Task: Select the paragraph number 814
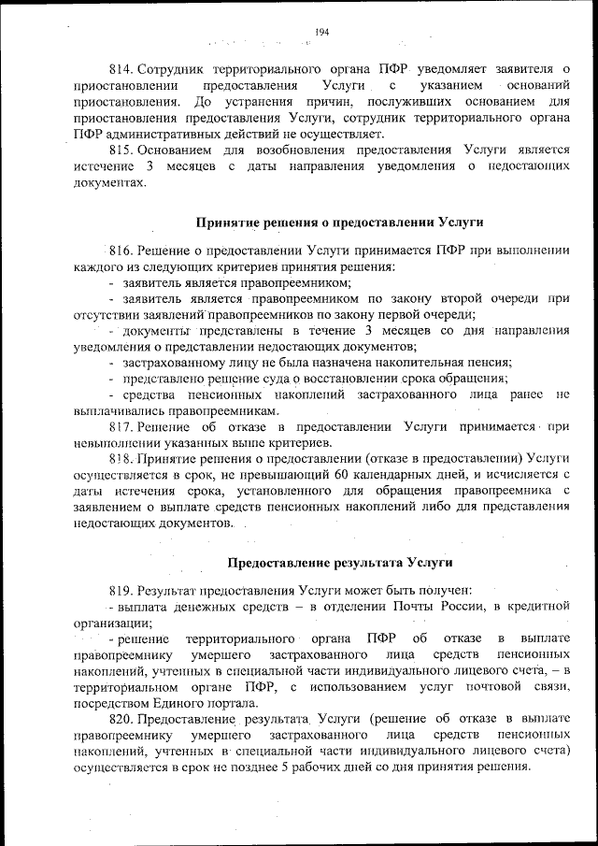[x=122, y=69]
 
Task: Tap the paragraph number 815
[x=122, y=150]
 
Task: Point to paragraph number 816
[x=122, y=251]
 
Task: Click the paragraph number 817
[x=122, y=426]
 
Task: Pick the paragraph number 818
[x=122, y=459]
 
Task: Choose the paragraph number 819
[x=122, y=590]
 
